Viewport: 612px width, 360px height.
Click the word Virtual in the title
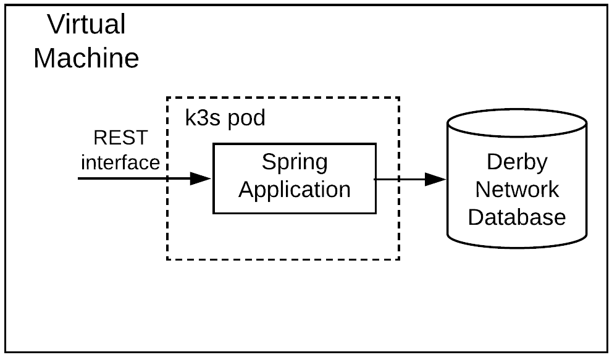point(86,25)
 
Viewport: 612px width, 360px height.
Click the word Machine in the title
point(86,59)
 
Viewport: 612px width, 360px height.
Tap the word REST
point(120,138)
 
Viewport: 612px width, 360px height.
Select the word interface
point(120,162)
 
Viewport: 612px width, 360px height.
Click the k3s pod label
point(225,118)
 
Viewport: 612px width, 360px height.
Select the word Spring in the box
point(295,162)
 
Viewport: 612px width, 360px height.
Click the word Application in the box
point(295,190)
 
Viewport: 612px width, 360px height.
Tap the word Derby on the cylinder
point(517,162)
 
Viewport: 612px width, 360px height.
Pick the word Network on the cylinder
point(517,189)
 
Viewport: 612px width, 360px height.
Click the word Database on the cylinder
point(517,217)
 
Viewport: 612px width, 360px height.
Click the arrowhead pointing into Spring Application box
point(201,179)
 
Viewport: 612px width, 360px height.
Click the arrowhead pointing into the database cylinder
point(435,180)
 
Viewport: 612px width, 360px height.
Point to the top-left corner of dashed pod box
point(167,98)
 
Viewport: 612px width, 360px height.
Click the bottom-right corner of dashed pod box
point(400,259)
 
